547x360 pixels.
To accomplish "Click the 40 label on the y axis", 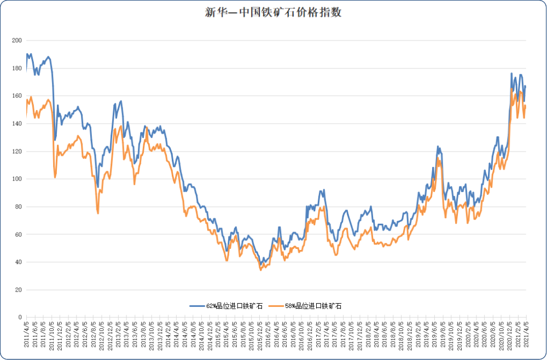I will (x=18, y=262).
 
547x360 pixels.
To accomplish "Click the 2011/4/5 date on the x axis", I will (x=26, y=335).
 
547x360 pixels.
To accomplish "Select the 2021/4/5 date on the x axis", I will (x=526, y=335).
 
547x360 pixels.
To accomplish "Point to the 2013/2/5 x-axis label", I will (x=118, y=335).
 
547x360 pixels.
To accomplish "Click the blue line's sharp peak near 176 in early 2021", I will (x=511, y=73).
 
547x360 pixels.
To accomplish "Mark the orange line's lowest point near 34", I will (x=260, y=270).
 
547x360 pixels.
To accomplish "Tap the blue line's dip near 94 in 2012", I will (x=98, y=187).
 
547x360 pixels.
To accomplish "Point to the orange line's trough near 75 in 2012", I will (x=98, y=213).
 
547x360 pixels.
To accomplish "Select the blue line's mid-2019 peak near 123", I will (x=438, y=147).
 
